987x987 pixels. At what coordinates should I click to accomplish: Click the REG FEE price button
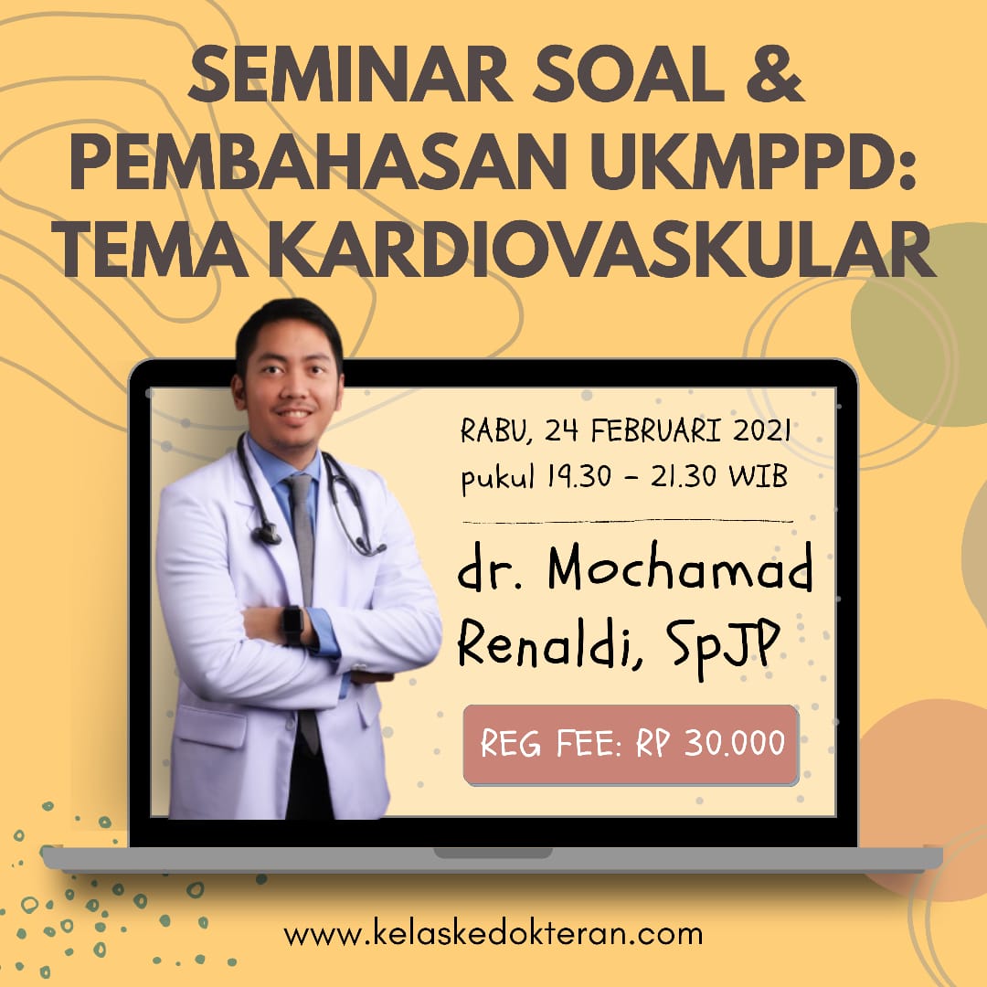click(631, 744)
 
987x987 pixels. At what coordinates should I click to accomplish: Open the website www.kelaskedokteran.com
click(493, 934)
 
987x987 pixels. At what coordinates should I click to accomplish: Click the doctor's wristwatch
click(292, 624)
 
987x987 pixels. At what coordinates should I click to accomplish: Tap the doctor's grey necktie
click(302, 548)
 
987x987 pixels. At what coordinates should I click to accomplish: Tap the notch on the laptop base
click(493, 852)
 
